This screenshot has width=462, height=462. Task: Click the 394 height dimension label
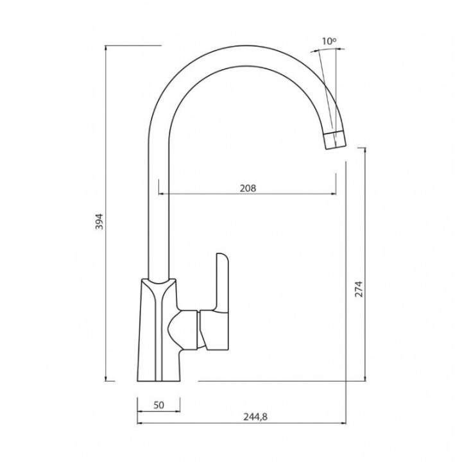tap(100, 221)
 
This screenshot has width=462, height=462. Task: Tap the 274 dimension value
tap(359, 289)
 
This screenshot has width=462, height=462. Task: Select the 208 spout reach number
tap(248, 188)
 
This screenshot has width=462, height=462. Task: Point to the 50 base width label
tap(158, 405)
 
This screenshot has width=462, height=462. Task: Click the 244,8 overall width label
tap(255, 416)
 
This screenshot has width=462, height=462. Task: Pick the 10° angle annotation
tap(329, 41)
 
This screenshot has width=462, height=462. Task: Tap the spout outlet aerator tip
tap(335, 140)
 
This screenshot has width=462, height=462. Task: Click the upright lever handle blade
tap(223, 281)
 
